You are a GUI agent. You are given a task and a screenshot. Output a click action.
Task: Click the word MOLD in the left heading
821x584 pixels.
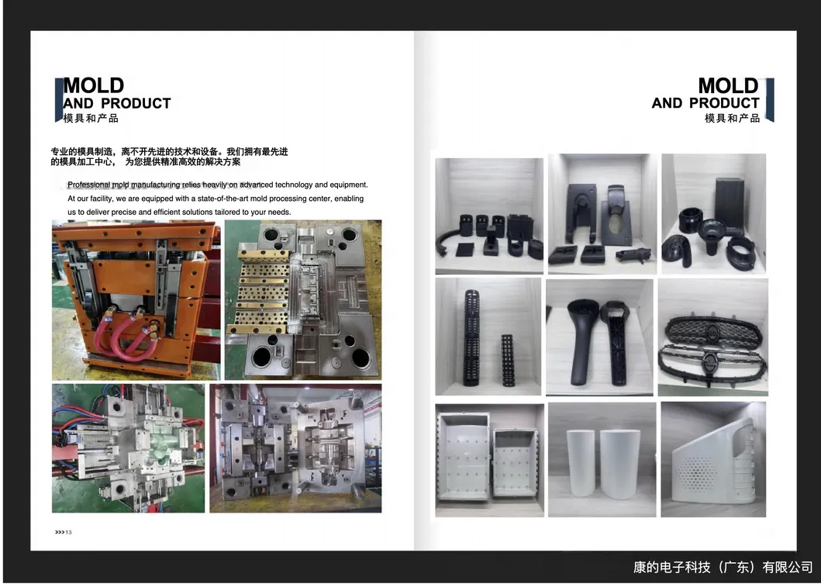tap(93, 85)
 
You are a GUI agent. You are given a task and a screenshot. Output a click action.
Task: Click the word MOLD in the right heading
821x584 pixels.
tap(728, 85)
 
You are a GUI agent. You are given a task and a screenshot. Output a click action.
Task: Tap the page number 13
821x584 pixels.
tap(68, 532)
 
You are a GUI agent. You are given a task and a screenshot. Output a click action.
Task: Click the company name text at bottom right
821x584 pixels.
tap(723, 568)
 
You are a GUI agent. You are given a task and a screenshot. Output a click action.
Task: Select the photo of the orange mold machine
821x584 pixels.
tap(136, 299)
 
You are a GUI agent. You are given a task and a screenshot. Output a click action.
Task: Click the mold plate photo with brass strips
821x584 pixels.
tap(302, 299)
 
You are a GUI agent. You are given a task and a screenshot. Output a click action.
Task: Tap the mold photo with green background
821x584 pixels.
tap(128, 448)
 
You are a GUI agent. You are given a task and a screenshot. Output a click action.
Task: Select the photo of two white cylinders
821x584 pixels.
tap(602, 459)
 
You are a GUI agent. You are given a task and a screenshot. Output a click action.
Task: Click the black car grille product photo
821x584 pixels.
tap(712, 337)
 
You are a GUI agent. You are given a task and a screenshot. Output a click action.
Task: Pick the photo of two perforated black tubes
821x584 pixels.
tap(488, 337)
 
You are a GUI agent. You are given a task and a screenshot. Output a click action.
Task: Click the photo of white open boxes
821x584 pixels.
tap(488, 459)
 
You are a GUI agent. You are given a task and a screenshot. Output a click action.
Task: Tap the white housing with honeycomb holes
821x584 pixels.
tap(712, 459)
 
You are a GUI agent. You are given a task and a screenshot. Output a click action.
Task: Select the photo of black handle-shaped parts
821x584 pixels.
tap(599, 337)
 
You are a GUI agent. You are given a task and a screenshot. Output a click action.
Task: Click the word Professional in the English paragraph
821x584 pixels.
tap(89, 185)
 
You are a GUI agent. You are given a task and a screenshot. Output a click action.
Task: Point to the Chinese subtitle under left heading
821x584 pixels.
tap(91, 119)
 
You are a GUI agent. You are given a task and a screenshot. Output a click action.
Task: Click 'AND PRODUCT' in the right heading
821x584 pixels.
tap(705, 103)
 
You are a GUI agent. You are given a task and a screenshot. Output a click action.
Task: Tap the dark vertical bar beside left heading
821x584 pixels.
tap(58, 99)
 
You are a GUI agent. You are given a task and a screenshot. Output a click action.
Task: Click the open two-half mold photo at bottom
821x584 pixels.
tap(295, 448)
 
